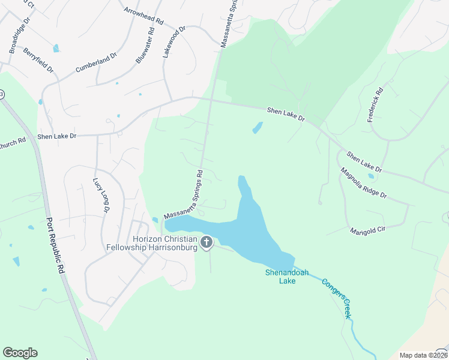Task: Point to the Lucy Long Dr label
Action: [100, 196]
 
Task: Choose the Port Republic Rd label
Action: [55, 245]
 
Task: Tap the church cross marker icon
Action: [206, 242]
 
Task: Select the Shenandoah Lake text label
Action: [286, 277]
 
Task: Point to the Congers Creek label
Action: [336, 298]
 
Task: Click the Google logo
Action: [20, 353]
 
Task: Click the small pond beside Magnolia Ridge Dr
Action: [371, 176]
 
